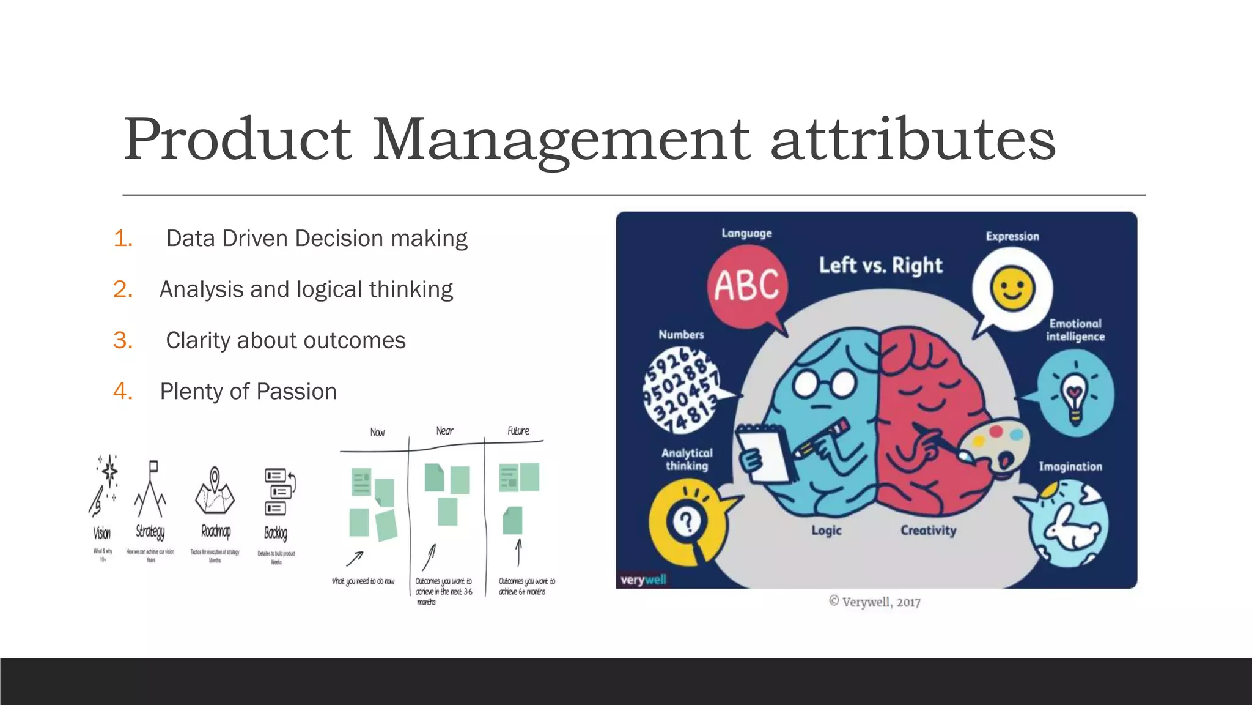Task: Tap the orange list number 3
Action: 123,340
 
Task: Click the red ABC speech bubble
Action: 747,286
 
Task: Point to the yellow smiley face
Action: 1012,288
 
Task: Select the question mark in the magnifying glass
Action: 687,522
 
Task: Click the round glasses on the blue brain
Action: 824,384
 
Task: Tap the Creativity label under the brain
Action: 928,531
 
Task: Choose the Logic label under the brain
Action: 827,531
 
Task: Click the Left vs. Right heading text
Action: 880,266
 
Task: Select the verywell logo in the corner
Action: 643,580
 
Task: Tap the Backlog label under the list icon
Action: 276,533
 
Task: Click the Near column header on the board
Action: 444,431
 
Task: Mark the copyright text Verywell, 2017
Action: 875,602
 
